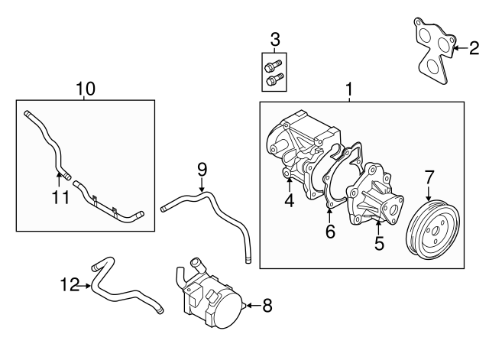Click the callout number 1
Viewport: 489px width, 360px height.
point(349,90)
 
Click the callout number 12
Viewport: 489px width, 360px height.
point(70,285)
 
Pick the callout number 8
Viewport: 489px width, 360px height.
point(267,306)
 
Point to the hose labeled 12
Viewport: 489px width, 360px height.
point(126,289)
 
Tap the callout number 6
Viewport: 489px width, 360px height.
point(330,232)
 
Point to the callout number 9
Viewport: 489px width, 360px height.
point(202,169)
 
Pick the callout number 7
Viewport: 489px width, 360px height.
point(429,178)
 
